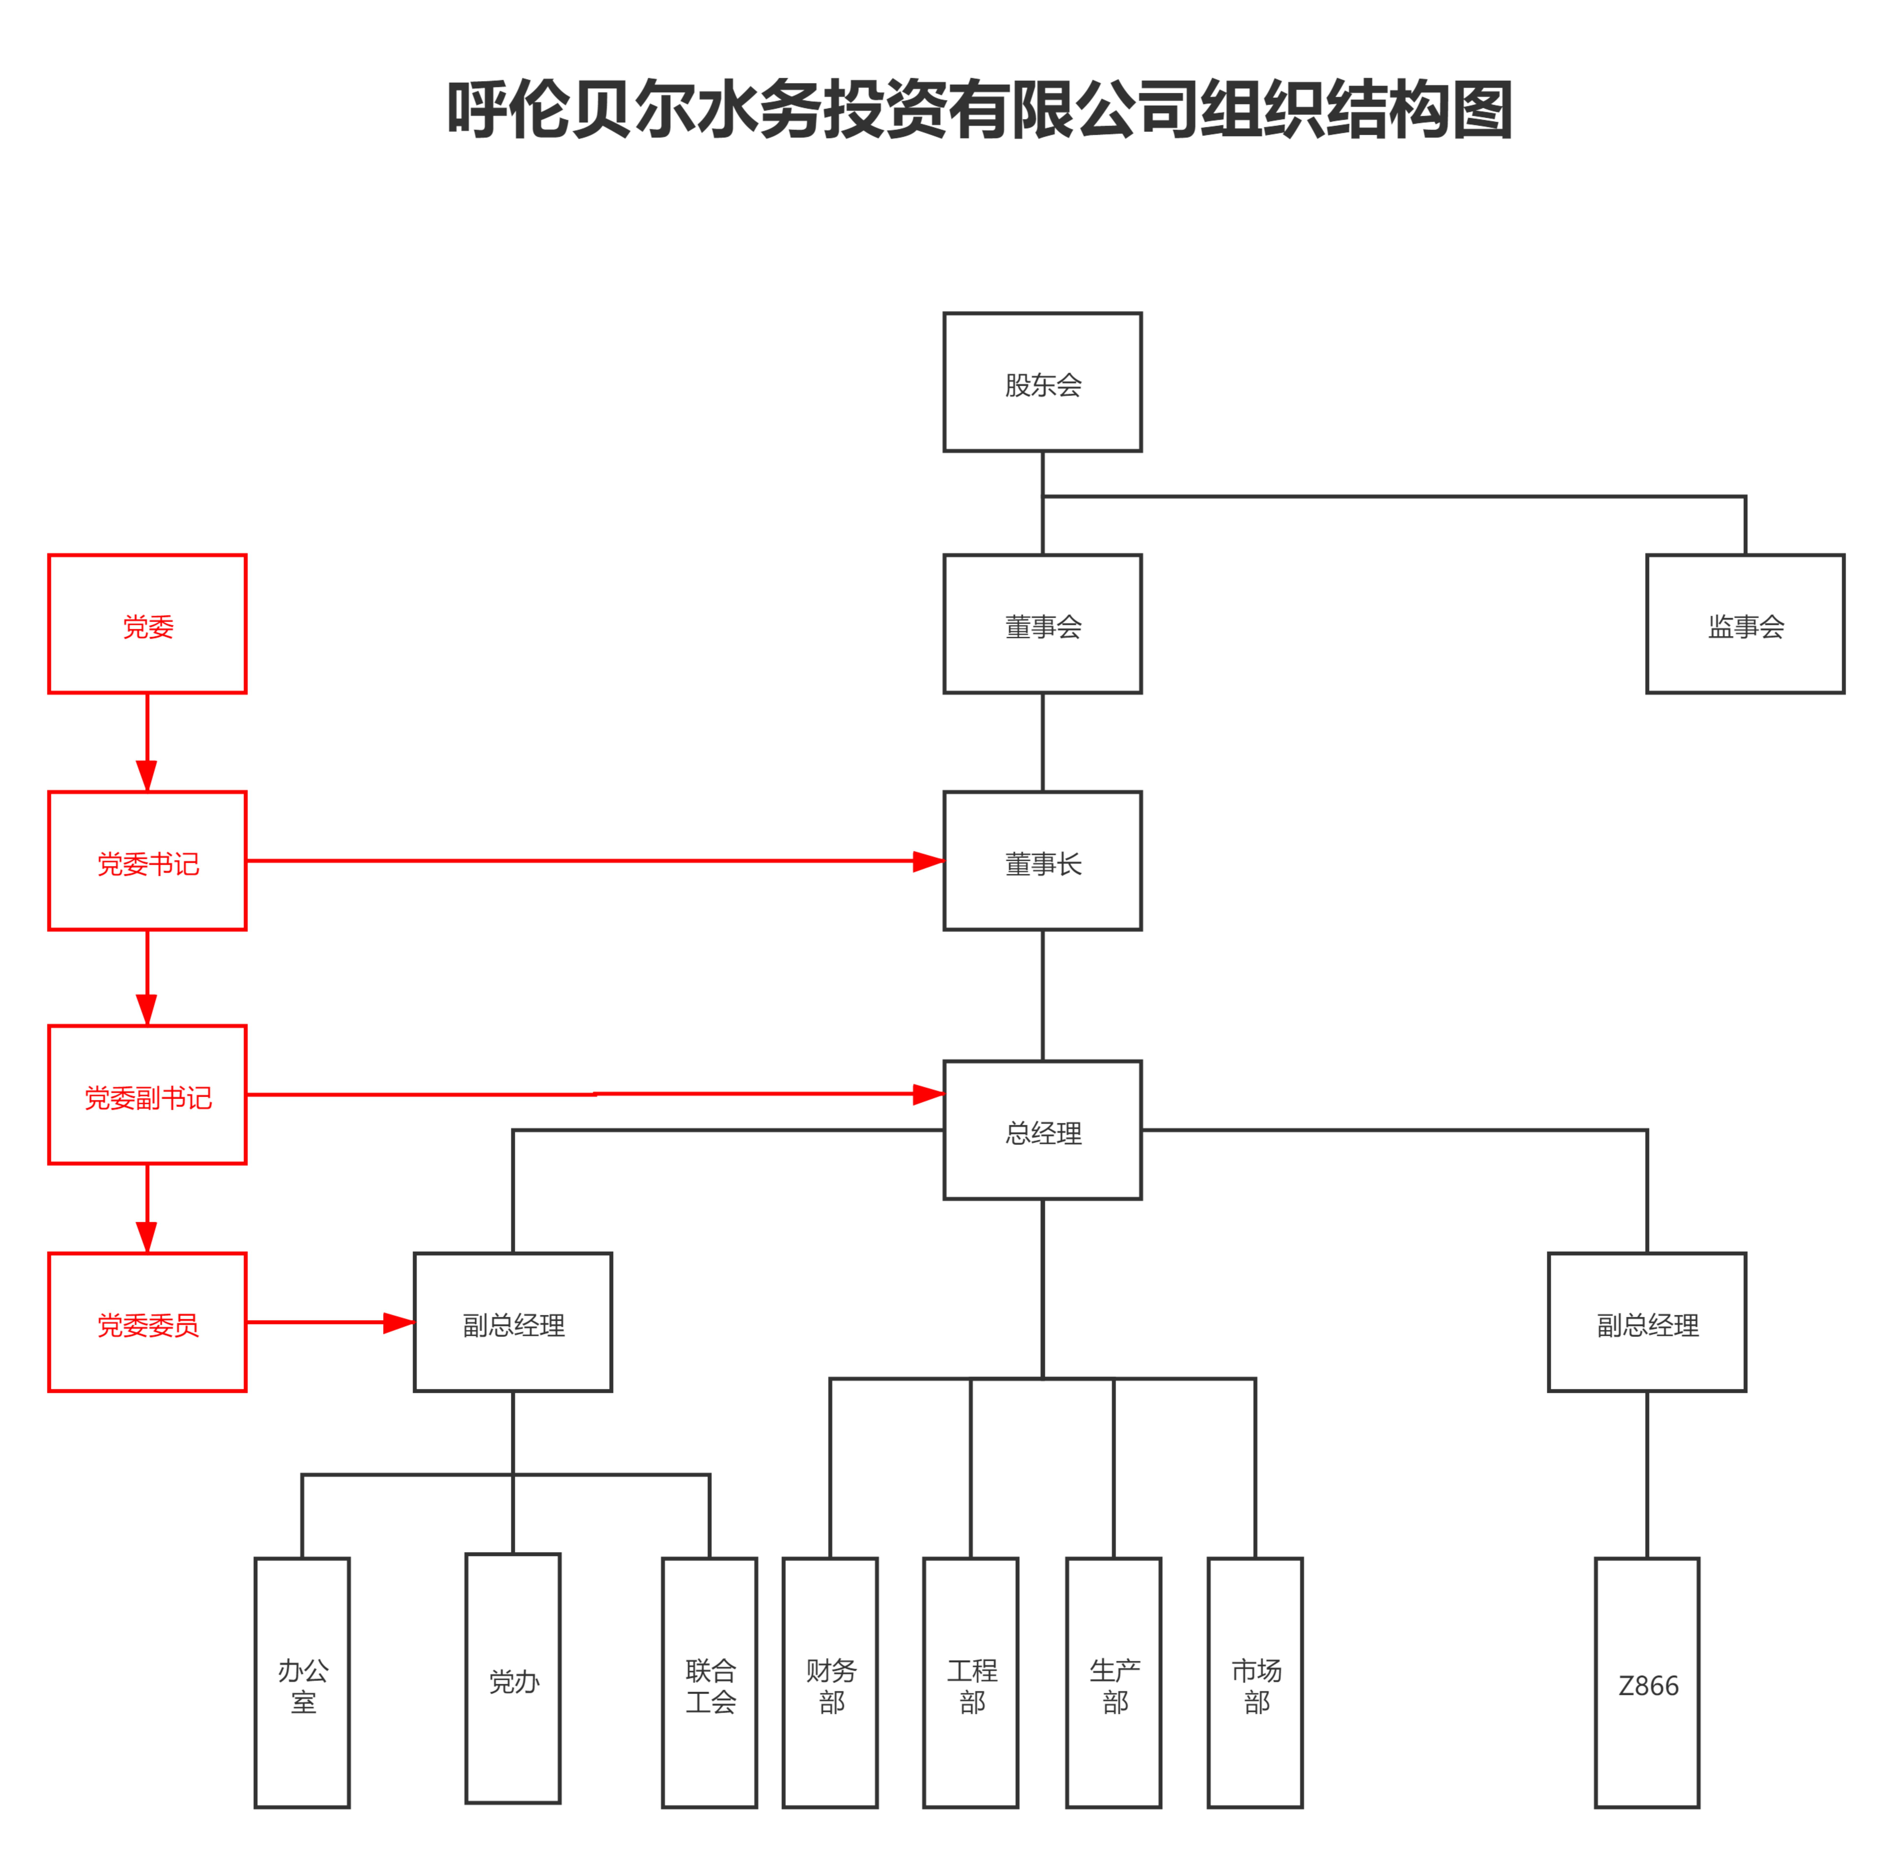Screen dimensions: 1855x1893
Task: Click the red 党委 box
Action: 147,623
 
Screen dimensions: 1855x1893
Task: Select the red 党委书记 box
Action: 147,860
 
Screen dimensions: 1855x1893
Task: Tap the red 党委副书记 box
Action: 147,1094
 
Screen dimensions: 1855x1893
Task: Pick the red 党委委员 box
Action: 147,1322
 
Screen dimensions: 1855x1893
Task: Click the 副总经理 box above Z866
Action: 1647,1322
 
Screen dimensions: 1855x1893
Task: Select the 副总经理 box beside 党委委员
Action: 513,1322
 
